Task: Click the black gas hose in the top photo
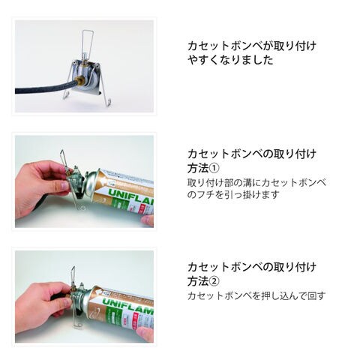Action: tap(45, 88)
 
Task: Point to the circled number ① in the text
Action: tap(214, 168)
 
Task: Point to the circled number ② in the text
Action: tap(214, 281)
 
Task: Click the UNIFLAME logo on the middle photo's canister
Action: tap(130, 196)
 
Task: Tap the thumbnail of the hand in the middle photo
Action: tap(65, 185)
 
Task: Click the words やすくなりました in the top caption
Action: tap(230, 60)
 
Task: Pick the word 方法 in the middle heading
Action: tap(198, 168)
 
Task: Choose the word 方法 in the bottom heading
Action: tap(198, 281)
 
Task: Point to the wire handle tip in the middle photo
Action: tap(61, 151)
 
